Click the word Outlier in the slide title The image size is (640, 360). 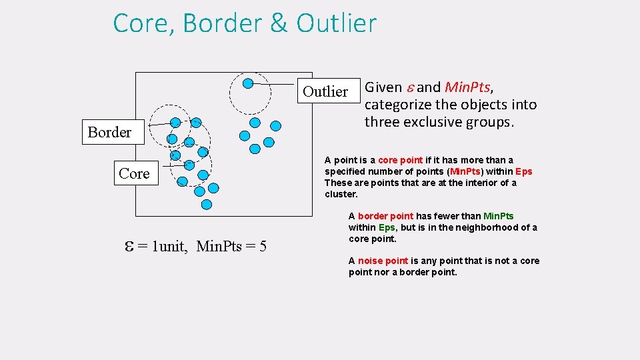point(337,23)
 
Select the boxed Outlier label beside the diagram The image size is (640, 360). point(325,91)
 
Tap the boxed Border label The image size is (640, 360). point(109,132)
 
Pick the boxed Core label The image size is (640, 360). point(134,173)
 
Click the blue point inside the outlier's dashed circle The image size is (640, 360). point(247,83)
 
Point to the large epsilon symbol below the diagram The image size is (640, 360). point(129,246)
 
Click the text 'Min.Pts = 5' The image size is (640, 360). point(232,247)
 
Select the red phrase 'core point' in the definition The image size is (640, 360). point(400,160)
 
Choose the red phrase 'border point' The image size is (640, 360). point(385,216)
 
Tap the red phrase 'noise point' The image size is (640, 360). point(383,261)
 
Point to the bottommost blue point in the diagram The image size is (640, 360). point(207,204)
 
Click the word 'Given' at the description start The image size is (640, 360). point(385,87)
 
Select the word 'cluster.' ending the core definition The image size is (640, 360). point(341,194)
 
